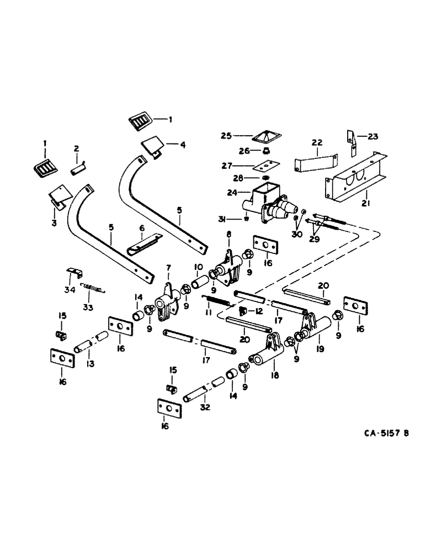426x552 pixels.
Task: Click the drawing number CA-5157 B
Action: [378, 433]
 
